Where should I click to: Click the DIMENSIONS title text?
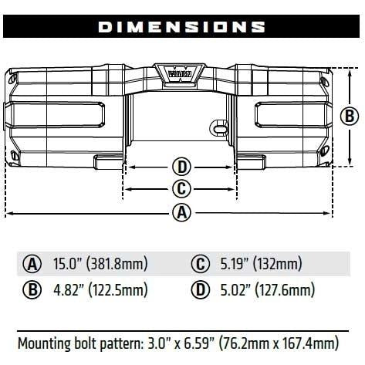pyautogui.click(x=181, y=27)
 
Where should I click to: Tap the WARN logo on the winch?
pyautogui.click(x=180, y=73)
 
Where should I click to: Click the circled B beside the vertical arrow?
pyautogui.click(x=350, y=117)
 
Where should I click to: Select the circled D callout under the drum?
pyautogui.click(x=181, y=167)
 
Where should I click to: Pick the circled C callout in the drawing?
pyautogui.click(x=181, y=189)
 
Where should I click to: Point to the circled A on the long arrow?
pyautogui.click(x=181, y=212)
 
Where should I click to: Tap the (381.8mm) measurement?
pyautogui.click(x=117, y=264)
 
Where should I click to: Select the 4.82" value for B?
pyautogui.click(x=68, y=289)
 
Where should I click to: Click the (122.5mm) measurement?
pyautogui.click(x=118, y=290)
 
